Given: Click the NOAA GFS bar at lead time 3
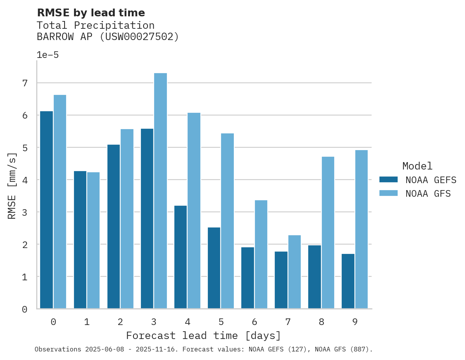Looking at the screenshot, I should pos(160,191).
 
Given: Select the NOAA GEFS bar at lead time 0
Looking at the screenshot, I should pos(46,210).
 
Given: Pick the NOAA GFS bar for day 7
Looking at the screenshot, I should pos(294,272).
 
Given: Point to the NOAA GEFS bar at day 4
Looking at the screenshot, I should pos(181,257).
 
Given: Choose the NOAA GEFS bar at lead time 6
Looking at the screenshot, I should pos(247,278).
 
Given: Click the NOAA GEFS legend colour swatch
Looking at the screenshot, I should pos(388,180).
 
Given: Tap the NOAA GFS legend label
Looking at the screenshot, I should pos(428,194).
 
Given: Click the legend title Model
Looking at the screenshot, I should pos(417,166).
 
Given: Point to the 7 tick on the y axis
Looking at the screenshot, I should pos(25,83).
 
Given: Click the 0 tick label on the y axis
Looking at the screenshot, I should pos(25,309).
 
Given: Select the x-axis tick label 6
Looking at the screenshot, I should pos(254,322).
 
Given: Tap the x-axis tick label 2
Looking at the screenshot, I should pos(120,322).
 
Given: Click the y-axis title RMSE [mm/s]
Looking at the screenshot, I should pos(12,185).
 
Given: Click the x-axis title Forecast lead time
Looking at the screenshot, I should pos(203,336).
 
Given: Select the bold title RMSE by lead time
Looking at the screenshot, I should pos(91,13).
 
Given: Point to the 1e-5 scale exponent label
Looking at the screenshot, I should pos(47,55).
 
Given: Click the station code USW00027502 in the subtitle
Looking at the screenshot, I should pos(138,37).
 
